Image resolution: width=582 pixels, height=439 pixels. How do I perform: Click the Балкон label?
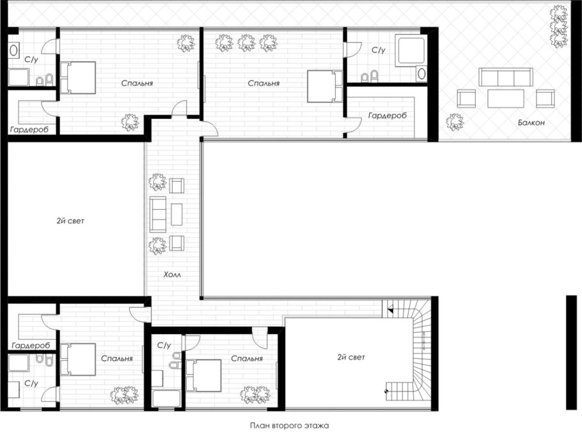pyautogui.click(x=531, y=123)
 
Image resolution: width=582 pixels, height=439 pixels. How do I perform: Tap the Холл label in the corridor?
pyautogui.click(x=172, y=275)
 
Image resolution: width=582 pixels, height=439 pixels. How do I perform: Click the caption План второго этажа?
pyautogui.click(x=290, y=426)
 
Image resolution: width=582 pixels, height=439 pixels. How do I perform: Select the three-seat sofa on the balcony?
pyautogui.click(x=505, y=77)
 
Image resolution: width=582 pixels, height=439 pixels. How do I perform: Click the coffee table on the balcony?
pyautogui.click(x=505, y=99)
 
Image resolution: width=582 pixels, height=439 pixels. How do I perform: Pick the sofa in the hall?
pyautogui.click(x=158, y=214)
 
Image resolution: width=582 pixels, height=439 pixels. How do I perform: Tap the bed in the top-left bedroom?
pyautogui.click(x=78, y=77)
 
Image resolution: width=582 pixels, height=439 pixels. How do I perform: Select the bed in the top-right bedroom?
pyautogui.click(x=325, y=86)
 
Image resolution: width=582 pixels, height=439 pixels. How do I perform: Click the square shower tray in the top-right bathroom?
pyautogui.click(x=410, y=50)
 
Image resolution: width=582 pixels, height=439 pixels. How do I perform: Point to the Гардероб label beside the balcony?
pyautogui.click(x=387, y=115)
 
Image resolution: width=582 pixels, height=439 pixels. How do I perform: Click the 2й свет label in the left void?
pyautogui.click(x=70, y=221)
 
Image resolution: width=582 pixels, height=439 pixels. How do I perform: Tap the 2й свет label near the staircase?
pyautogui.click(x=351, y=357)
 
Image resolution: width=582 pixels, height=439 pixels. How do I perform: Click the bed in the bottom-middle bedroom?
pyautogui.click(x=203, y=376)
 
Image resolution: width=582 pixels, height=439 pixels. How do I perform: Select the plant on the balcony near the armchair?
pyautogui.click(x=455, y=122)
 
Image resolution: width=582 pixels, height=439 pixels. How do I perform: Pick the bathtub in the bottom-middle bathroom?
pyautogui.click(x=166, y=399)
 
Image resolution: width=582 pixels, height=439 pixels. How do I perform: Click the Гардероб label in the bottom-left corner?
pyautogui.click(x=31, y=346)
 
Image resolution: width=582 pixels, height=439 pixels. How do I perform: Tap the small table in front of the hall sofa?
pyautogui.click(x=177, y=214)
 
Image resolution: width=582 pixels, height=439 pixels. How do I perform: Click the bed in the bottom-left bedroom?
pyautogui.click(x=78, y=360)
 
